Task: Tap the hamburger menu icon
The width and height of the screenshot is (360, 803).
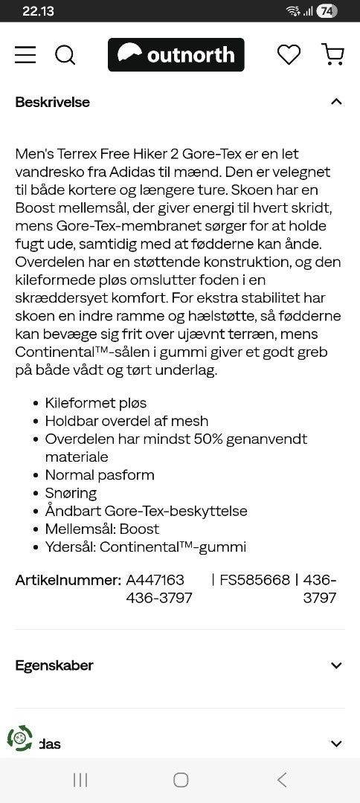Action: (x=25, y=55)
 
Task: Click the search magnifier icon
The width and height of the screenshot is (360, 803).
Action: (x=65, y=55)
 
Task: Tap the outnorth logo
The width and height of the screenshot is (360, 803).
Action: (x=176, y=55)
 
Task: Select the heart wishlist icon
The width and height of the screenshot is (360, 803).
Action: (x=289, y=55)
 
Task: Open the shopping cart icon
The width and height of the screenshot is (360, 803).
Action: (x=332, y=55)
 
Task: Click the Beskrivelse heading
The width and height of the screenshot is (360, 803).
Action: (x=52, y=102)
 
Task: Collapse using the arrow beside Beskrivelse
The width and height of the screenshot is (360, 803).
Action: (x=336, y=102)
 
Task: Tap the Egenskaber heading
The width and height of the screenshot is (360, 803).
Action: (x=54, y=665)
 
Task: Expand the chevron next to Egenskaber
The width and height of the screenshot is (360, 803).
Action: (x=336, y=665)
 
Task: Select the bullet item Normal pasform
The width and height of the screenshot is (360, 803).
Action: (x=100, y=475)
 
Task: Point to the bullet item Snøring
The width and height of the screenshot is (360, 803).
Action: (x=71, y=493)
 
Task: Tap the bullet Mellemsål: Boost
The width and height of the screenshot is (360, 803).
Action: (x=102, y=529)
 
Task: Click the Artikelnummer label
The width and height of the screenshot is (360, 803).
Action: (x=68, y=580)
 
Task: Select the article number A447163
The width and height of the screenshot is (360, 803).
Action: (x=155, y=580)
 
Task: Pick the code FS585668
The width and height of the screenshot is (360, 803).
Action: (x=254, y=580)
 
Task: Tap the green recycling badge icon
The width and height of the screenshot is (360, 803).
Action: (x=20, y=738)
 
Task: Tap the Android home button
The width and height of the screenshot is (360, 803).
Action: (x=180, y=779)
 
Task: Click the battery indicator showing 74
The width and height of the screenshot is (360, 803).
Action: (x=327, y=11)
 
